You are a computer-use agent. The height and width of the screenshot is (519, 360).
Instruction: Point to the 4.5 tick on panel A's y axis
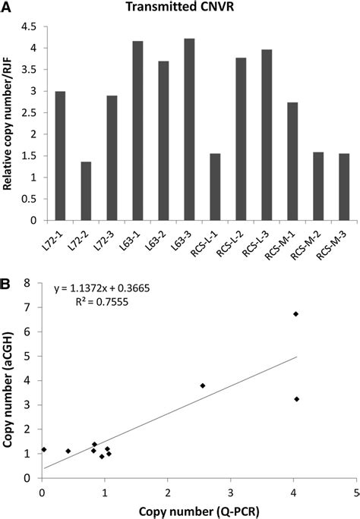point(32,27)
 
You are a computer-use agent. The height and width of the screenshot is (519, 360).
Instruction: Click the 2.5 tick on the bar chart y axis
point(32,112)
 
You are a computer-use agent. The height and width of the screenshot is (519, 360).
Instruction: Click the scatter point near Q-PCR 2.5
point(203,385)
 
